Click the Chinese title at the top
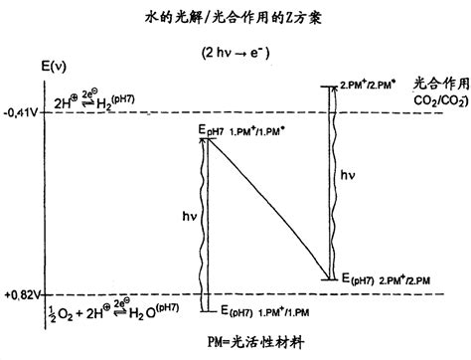[x=235, y=17]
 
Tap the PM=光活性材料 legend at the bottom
[x=235, y=340]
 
